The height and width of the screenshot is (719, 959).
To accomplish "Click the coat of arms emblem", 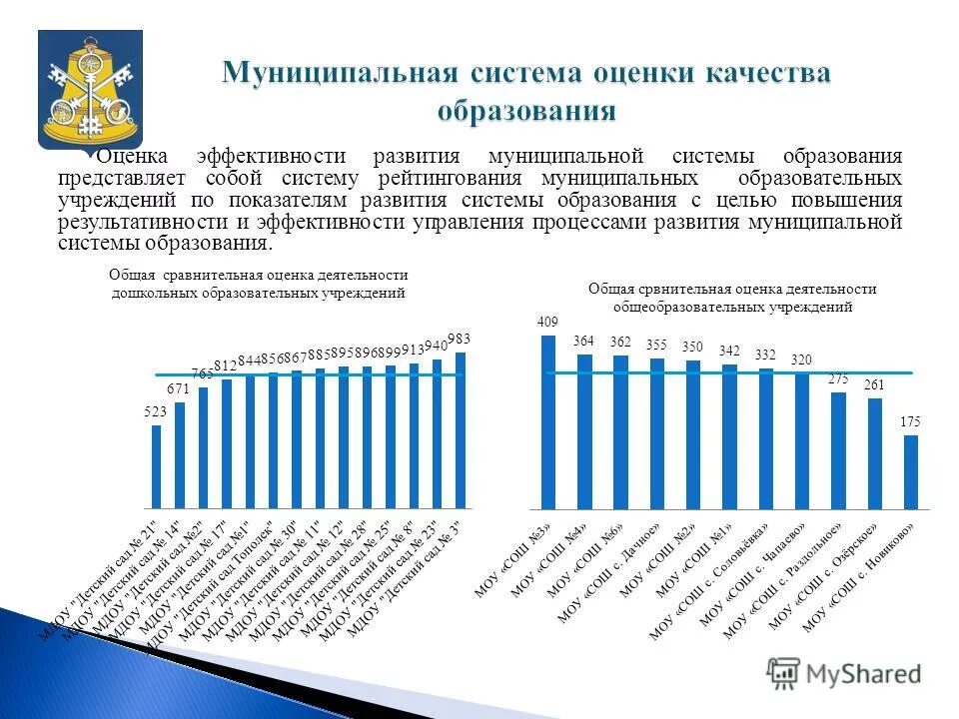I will (x=90, y=89).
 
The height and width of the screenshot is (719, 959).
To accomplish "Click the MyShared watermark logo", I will (x=844, y=673).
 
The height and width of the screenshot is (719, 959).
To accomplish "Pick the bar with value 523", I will (x=156, y=465).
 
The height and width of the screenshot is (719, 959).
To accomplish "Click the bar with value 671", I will (x=180, y=453).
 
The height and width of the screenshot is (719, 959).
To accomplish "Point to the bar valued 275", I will (x=838, y=449).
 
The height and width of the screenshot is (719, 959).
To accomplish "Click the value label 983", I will (x=459, y=338).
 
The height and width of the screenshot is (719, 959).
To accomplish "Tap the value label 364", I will (x=583, y=341).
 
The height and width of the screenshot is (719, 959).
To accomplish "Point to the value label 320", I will (x=802, y=359).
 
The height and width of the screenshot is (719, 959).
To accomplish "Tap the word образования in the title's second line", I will (x=525, y=109).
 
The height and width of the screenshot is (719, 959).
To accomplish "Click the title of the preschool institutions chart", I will (x=259, y=284).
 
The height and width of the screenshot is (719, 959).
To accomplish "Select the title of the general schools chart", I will (x=731, y=298).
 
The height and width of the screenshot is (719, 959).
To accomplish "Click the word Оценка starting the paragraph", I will (x=137, y=157).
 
